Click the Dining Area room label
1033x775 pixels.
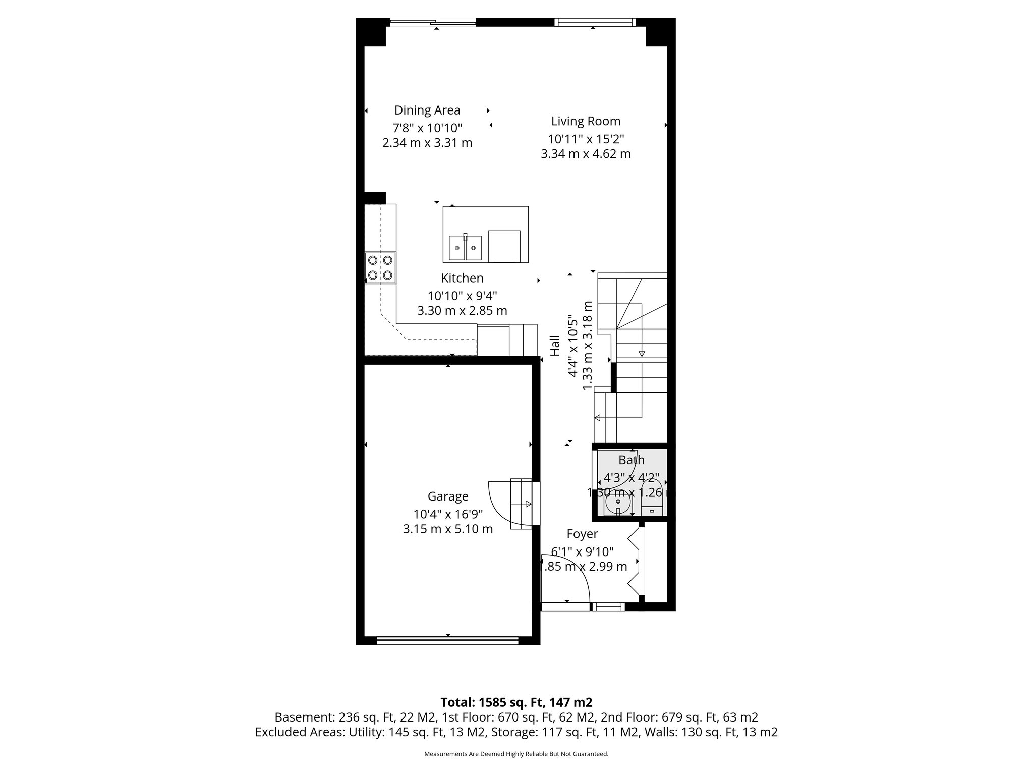427,110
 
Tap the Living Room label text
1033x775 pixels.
586,121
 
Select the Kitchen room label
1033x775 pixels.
462,278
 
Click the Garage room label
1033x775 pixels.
448,496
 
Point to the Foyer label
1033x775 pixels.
582,534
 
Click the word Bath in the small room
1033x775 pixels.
632,460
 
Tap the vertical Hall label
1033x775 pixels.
555,346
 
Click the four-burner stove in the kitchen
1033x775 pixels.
380,268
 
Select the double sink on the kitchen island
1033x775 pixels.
465,248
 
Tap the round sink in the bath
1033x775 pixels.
618,504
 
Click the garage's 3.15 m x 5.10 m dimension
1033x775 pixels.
448,529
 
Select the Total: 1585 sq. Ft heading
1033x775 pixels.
516,702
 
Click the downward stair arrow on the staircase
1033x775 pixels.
642,353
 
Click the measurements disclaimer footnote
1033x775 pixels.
516,754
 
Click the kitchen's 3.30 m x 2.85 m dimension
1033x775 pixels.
462,311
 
